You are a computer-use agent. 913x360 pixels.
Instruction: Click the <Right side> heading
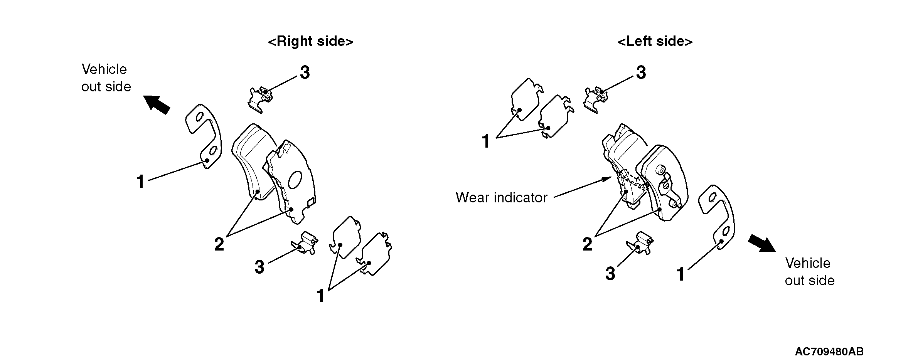(x=310, y=41)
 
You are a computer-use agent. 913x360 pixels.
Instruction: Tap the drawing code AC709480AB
(x=829, y=352)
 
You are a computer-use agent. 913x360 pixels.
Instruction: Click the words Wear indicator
(x=501, y=197)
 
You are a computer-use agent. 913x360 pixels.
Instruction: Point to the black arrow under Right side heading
(x=157, y=104)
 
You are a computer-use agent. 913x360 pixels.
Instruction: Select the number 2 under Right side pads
(x=219, y=244)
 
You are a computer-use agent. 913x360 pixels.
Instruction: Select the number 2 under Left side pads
(x=587, y=244)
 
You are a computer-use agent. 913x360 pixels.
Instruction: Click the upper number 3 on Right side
(x=305, y=72)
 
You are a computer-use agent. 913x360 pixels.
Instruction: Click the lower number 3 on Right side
(x=259, y=267)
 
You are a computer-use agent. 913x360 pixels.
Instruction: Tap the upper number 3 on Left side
(x=641, y=72)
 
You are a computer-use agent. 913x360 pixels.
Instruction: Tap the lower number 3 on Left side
(x=610, y=273)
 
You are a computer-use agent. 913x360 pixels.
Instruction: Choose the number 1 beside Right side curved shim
(x=140, y=182)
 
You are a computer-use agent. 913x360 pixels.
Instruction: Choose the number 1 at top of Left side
(x=486, y=141)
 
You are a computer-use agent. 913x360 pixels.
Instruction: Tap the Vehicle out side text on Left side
(x=809, y=272)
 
